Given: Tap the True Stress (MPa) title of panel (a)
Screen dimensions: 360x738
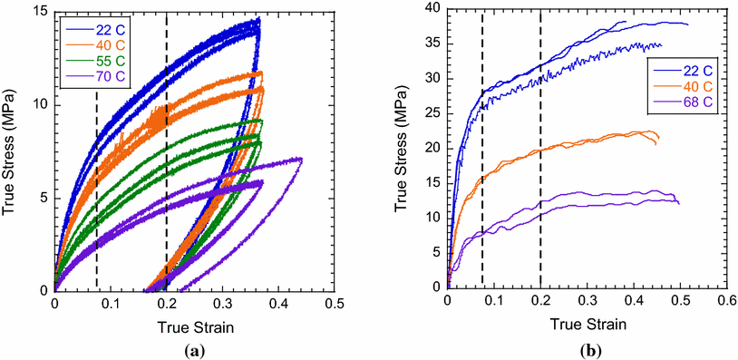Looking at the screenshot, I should point(11,151).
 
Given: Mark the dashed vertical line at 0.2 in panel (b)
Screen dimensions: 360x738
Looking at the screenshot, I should point(541,181).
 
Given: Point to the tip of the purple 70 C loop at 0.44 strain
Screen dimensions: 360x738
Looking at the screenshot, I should point(302,160).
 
